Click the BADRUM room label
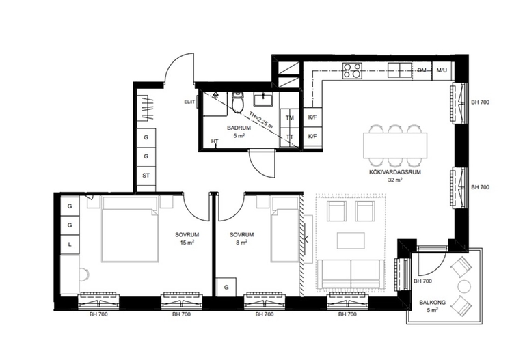coord(239,128)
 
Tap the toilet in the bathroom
coord(238,102)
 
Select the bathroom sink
coord(263,99)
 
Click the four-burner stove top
coord(352,71)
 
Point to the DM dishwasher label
coord(422,70)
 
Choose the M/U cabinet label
coord(442,70)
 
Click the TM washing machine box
coord(289,117)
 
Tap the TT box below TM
coord(289,137)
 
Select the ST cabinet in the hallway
coord(146,176)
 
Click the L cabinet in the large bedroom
coord(70,245)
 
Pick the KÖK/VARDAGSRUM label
coord(395,172)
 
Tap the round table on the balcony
coord(463,286)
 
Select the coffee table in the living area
coord(351,240)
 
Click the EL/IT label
coord(189,101)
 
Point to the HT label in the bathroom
coord(215,141)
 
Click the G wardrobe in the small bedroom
coord(226,287)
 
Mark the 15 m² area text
coord(187,242)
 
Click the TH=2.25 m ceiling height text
coord(261,120)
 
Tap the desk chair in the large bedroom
coord(84,275)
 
